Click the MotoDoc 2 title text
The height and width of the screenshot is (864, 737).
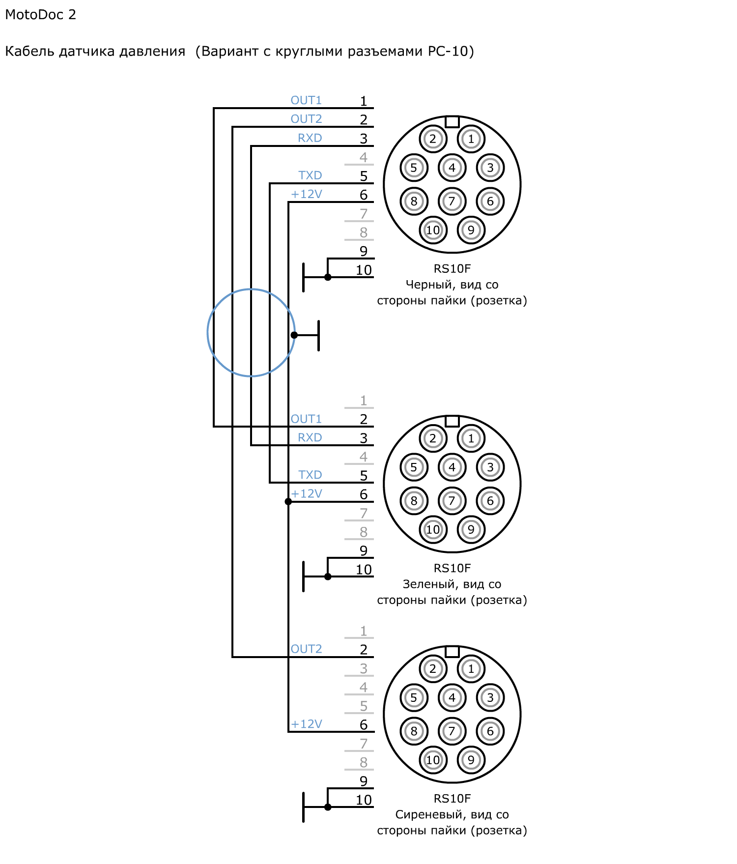(x=40, y=15)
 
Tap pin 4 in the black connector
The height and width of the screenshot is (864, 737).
(x=452, y=168)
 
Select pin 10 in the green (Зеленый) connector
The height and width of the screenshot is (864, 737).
(x=433, y=529)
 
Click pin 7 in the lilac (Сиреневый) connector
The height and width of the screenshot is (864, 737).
(x=452, y=731)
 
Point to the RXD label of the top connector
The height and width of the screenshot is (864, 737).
(x=310, y=138)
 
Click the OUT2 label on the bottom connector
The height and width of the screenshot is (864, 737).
(x=306, y=649)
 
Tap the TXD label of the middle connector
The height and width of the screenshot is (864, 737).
(x=310, y=475)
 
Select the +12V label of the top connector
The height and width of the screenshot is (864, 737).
(x=307, y=194)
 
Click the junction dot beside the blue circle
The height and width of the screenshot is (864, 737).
(x=294, y=335)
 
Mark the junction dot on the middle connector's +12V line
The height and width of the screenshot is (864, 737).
(x=288, y=502)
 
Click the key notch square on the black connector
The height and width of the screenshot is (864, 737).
(x=452, y=121)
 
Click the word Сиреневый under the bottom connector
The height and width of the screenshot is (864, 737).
(x=431, y=814)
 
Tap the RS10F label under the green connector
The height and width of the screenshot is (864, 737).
(x=452, y=568)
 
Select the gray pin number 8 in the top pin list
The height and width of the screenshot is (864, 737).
(x=364, y=232)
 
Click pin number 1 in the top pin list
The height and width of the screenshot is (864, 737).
(x=364, y=101)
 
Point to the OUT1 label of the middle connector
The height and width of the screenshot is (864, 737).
(x=306, y=419)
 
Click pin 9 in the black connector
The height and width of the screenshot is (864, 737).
(x=471, y=230)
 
